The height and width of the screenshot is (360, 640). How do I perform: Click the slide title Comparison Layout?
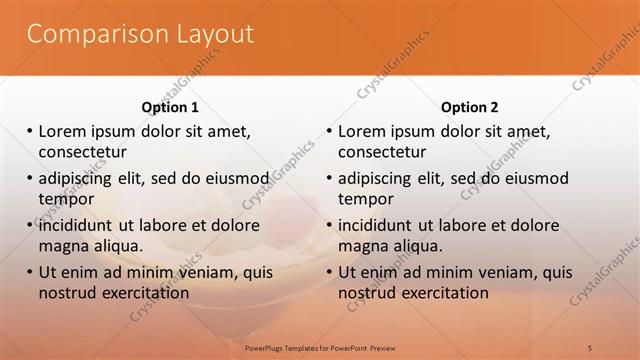tap(140, 34)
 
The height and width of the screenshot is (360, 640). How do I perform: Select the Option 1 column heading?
tap(170, 107)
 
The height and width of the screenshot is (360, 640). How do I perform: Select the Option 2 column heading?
tap(469, 107)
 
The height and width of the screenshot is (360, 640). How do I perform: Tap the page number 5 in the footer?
tap(590, 347)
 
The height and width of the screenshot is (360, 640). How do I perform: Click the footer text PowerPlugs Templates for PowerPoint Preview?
tap(320, 347)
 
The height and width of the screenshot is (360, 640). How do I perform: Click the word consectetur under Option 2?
tap(382, 152)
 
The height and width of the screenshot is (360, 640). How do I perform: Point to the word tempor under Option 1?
tap(66, 199)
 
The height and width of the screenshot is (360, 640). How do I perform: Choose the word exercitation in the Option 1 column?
tap(139, 293)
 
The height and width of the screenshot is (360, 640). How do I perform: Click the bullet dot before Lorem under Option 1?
tap(29, 131)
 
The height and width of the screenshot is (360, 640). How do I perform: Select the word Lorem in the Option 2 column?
tap(361, 131)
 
